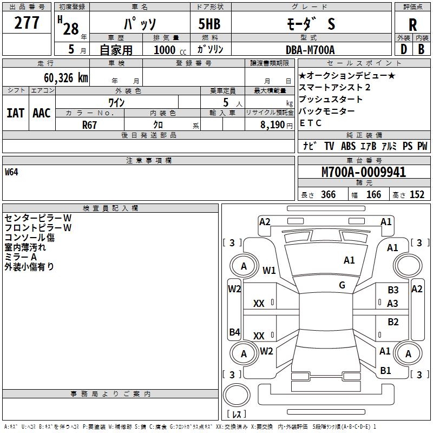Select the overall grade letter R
coord(412,25)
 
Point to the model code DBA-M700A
coord(310,50)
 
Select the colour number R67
coord(90,124)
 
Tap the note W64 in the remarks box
coord(12,173)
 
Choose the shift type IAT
coord(15,113)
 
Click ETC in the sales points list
coord(310,123)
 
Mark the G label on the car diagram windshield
coord(342,285)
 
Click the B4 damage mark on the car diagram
coord(234,332)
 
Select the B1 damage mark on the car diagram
coord(385,370)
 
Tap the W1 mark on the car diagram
coord(269,270)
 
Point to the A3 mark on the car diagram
coord(393,304)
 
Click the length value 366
coord(328,195)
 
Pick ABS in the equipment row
coord(348,146)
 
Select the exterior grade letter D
coord(403,50)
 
